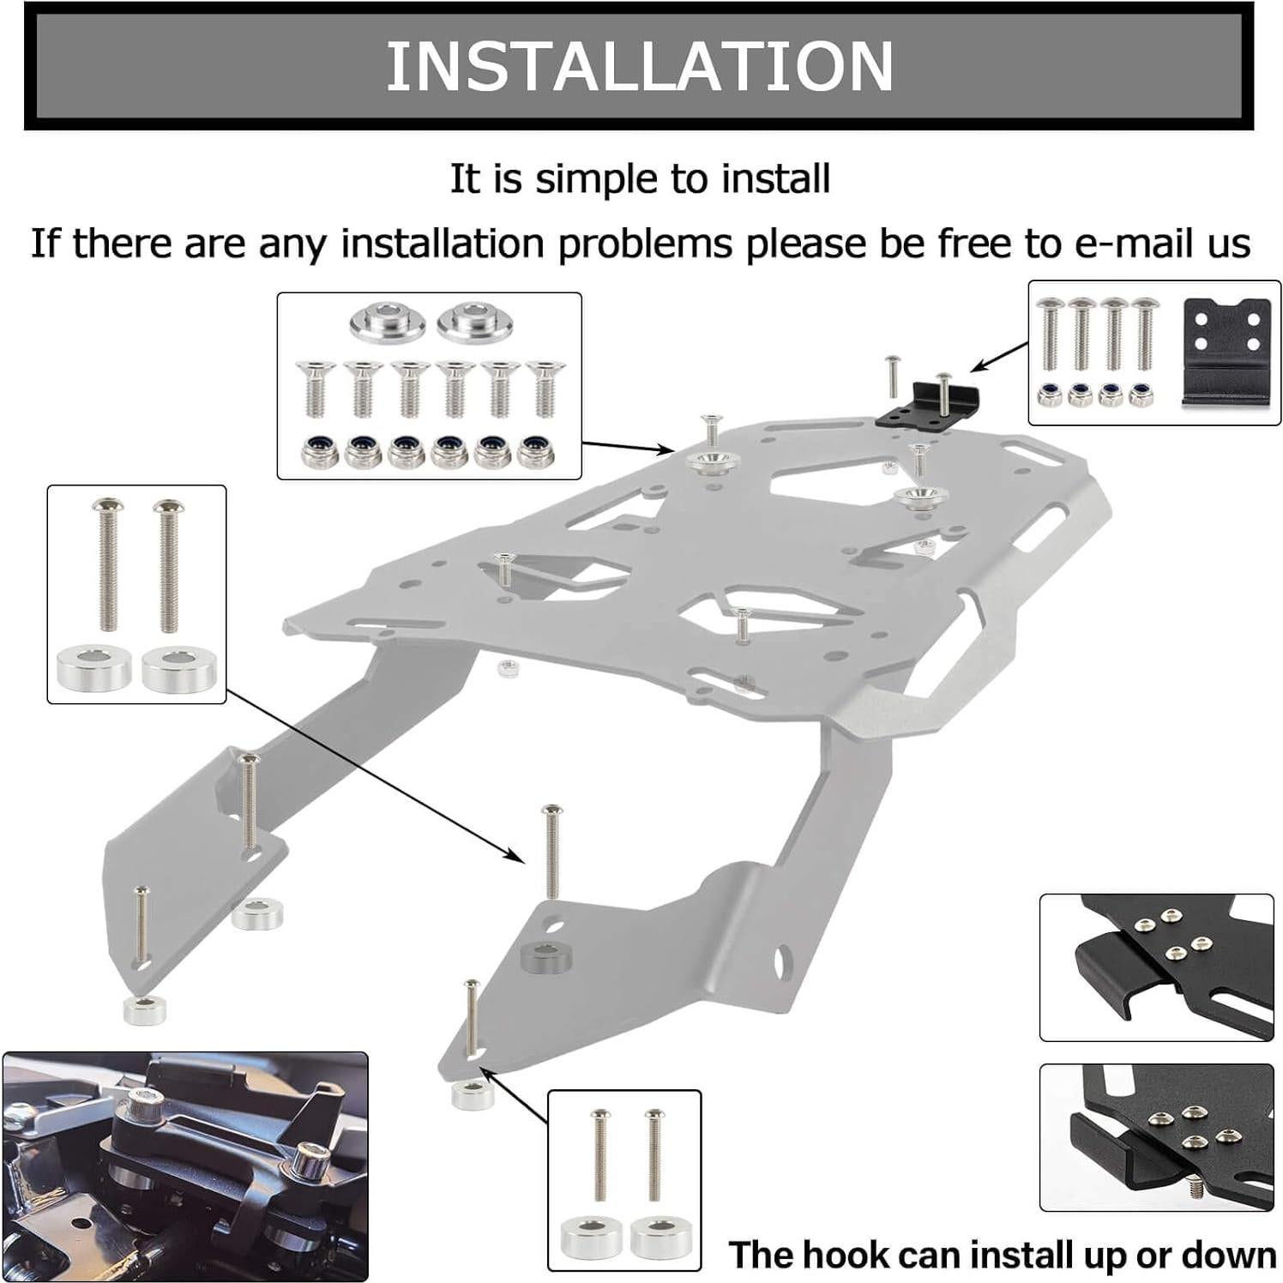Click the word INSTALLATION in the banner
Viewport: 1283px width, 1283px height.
point(640,66)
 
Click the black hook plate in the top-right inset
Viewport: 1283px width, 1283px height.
point(1226,352)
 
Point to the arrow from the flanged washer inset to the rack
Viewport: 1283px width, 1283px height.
point(626,447)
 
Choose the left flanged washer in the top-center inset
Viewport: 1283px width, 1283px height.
point(385,321)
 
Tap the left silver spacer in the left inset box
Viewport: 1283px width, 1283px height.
point(94,667)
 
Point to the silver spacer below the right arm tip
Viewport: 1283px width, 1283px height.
point(472,1094)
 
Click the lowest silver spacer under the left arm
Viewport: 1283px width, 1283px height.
point(145,1009)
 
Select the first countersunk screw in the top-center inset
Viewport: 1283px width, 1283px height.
point(315,388)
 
